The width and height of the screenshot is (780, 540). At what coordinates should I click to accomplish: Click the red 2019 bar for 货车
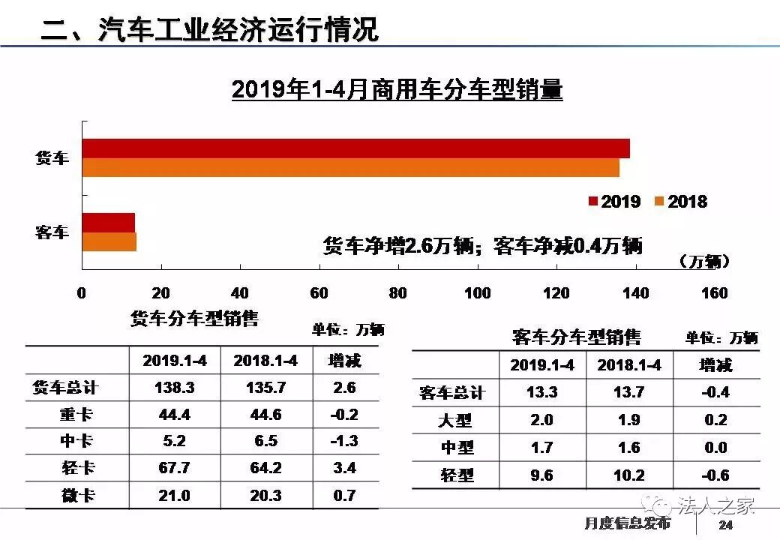click(355, 148)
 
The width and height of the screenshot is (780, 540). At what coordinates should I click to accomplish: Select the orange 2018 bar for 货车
click(350, 167)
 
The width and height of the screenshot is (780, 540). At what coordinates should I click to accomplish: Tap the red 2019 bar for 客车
click(108, 223)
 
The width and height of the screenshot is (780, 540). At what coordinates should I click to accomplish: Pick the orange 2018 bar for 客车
click(109, 241)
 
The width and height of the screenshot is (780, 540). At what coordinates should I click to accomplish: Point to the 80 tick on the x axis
click(398, 292)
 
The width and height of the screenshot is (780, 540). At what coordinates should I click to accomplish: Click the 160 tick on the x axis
click(714, 292)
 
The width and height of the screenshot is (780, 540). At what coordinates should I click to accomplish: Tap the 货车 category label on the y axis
click(52, 158)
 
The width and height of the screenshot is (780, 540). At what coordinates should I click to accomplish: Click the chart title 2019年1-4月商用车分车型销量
click(397, 90)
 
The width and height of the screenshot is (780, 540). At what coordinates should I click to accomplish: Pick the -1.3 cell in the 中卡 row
click(345, 442)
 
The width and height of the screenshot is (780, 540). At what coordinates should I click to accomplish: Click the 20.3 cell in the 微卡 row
click(265, 495)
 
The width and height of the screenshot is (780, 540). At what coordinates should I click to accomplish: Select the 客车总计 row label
click(452, 392)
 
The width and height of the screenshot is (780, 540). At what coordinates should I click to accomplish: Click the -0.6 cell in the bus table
click(716, 475)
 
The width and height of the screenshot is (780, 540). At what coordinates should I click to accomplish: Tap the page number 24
click(724, 524)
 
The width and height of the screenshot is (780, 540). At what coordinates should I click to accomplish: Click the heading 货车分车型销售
click(194, 319)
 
